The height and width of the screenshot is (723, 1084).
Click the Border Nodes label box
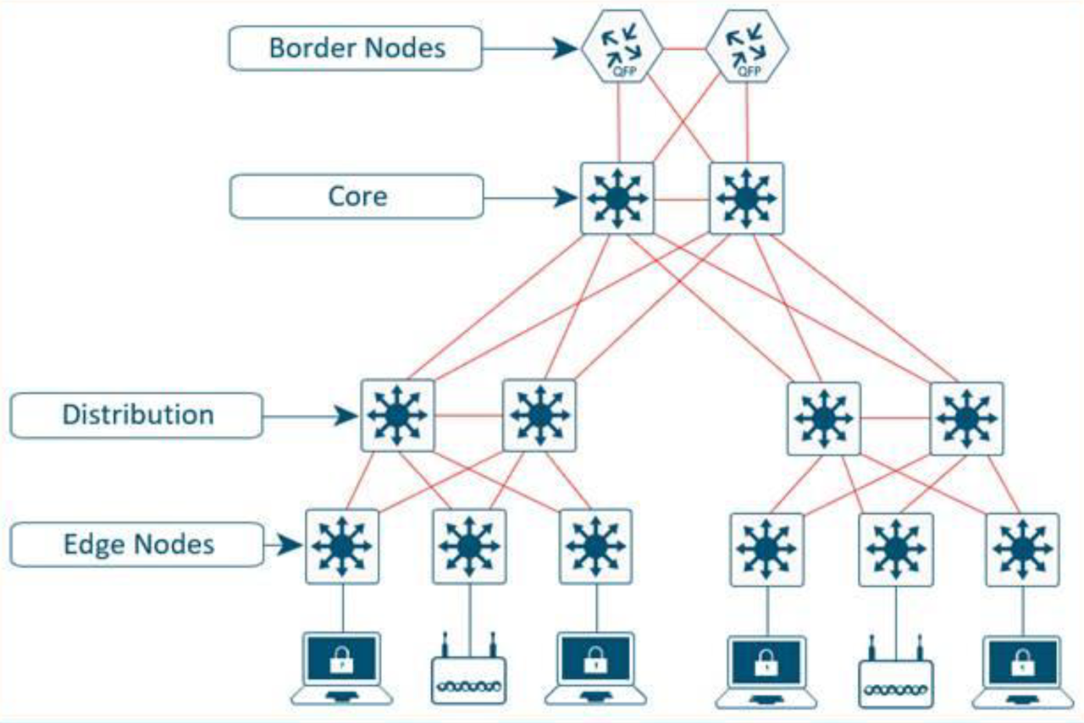point(356,47)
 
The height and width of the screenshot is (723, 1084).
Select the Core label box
point(356,196)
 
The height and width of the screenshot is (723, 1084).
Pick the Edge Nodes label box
point(138,544)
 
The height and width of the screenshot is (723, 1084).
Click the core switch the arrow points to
point(617,198)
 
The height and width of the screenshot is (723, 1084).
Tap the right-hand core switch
point(746,198)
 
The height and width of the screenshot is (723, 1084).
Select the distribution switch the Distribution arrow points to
point(397,415)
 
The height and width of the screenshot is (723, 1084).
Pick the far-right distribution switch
point(966,417)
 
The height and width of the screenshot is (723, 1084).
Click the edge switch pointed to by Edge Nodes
point(342,545)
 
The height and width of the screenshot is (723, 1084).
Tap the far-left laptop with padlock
point(342,669)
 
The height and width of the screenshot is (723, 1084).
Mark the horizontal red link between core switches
point(682,200)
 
